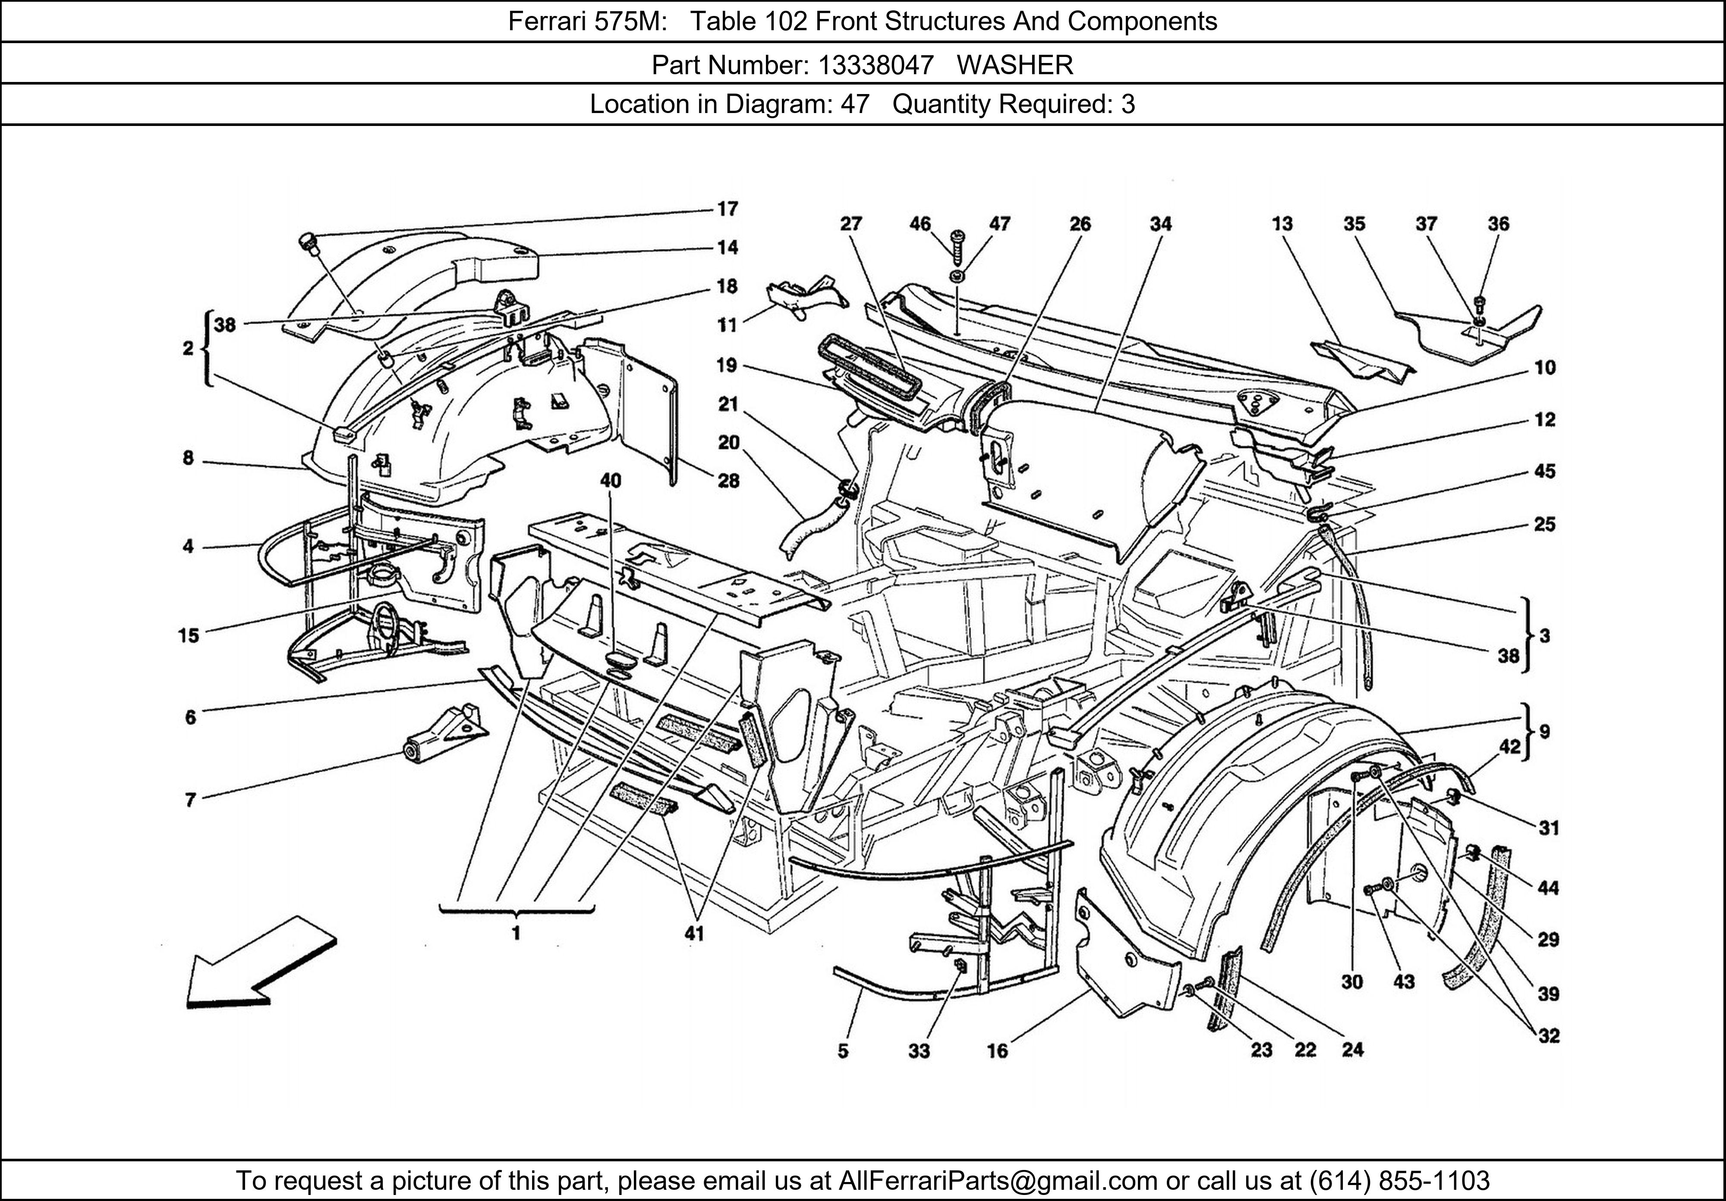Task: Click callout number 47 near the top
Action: point(999,224)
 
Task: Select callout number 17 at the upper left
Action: point(727,209)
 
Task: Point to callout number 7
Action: point(190,800)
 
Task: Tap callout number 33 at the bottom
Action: point(919,1051)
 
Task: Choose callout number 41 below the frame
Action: point(694,934)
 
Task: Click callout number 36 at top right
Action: point(1498,224)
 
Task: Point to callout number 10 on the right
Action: point(1545,368)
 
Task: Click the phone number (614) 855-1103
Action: point(1399,1181)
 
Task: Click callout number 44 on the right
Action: point(1548,888)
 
